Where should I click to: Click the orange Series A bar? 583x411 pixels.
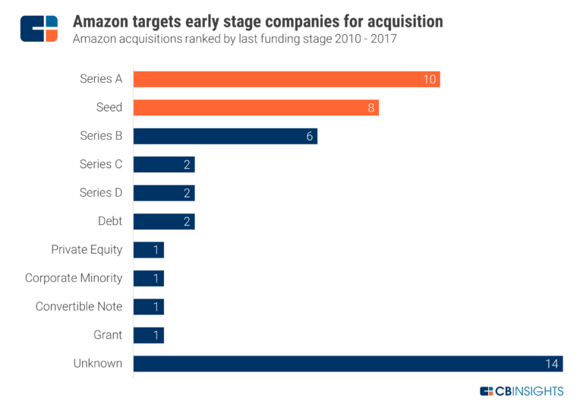[x=286, y=79]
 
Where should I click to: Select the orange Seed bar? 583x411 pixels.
[x=256, y=107]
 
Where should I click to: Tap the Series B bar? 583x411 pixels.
[x=225, y=136]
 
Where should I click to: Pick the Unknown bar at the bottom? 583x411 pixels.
[x=348, y=363]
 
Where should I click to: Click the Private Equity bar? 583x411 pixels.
[x=148, y=250]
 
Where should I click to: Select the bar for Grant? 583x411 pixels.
[x=148, y=335]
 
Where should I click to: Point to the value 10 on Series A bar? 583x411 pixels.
[x=430, y=79]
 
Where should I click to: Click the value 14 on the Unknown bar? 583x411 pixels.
[x=552, y=363]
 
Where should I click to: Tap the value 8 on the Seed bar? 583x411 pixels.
[x=371, y=108]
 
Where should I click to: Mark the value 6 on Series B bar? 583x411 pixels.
[x=310, y=136]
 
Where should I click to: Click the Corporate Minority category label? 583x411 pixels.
[x=74, y=278]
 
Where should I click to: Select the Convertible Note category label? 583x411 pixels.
[x=79, y=307]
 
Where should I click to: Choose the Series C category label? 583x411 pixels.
[x=101, y=164]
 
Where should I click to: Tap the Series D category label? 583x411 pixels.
[x=101, y=193]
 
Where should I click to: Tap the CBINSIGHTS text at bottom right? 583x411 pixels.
[x=529, y=391]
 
